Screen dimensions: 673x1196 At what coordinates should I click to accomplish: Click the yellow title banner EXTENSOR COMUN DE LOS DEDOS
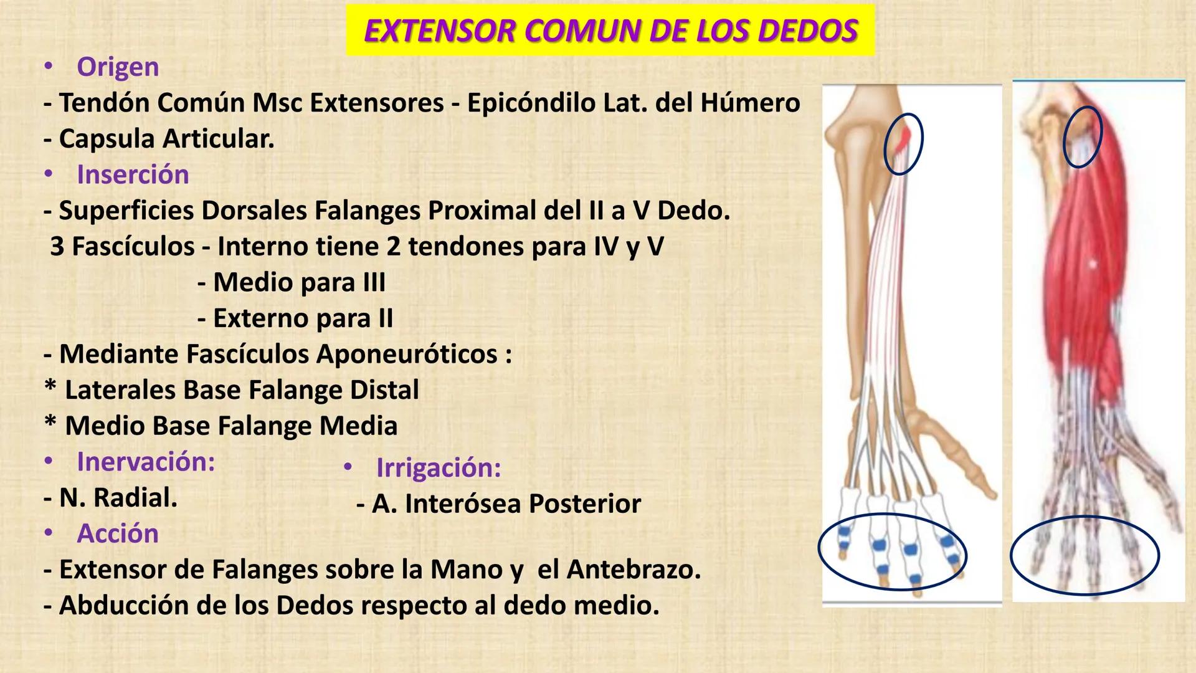point(610,31)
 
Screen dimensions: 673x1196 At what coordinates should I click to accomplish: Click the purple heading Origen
point(118,67)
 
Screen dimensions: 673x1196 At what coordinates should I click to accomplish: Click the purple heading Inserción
point(133,174)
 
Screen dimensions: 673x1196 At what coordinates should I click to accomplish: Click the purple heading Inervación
point(146,462)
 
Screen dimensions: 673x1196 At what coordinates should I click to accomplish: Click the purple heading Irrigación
point(439,467)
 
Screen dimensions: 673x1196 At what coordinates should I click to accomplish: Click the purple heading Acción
point(118,533)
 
